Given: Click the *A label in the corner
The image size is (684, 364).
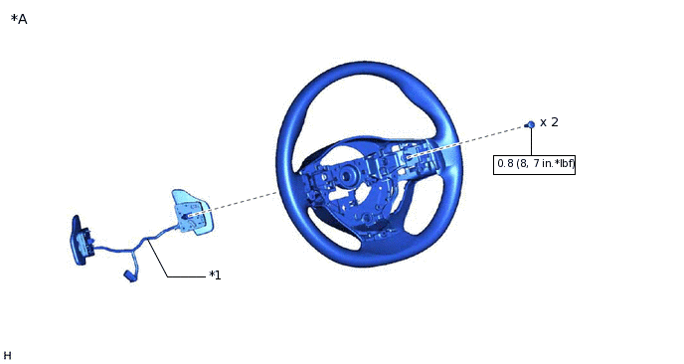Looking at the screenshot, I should pyautogui.click(x=19, y=19).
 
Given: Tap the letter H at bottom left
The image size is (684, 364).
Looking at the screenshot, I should pyautogui.click(x=7, y=355).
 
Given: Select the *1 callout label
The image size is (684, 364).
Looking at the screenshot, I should pyautogui.click(x=215, y=274).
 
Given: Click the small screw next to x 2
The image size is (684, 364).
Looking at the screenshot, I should pyautogui.click(x=531, y=124).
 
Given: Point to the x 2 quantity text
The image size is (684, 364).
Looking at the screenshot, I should pyautogui.click(x=549, y=122).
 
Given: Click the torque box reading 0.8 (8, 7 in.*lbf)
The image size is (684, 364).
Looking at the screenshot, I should pyautogui.click(x=535, y=163).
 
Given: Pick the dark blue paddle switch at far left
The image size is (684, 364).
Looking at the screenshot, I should pyautogui.click(x=79, y=241).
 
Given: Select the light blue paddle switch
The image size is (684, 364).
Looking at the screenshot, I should pyautogui.click(x=191, y=212).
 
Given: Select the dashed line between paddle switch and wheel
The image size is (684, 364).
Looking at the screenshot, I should pyautogui.click(x=249, y=198).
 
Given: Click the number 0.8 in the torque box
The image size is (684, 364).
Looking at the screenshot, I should pyautogui.click(x=505, y=163).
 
